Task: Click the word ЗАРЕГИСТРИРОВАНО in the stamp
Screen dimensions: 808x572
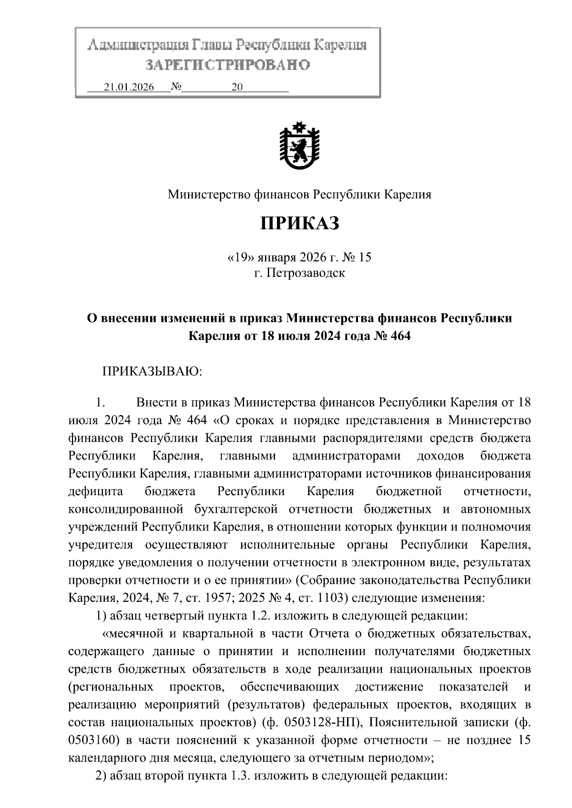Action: coord(227,64)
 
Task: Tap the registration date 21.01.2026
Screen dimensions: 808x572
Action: coord(129,87)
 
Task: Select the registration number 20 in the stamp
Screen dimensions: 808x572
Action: coord(236,87)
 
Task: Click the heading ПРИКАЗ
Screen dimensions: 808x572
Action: coord(299,222)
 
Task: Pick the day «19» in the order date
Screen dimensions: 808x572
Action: coord(240,258)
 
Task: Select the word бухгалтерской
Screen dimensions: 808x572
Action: coord(236,509)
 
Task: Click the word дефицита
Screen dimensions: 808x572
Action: coord(96,491)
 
